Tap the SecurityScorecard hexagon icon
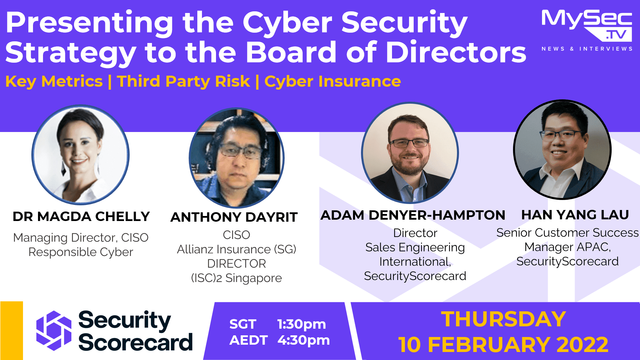point(54,330)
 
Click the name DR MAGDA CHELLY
point(81,217)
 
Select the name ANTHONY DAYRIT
point(234,217)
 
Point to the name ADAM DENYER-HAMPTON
point(413,215)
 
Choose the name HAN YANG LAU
point(575,215)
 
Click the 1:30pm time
point(302,324)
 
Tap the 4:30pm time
point(304,340)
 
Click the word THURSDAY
point(503,319)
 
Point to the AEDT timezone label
point(248,340)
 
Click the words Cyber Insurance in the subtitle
point(332,81)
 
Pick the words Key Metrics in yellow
point(54,81)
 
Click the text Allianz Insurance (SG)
point(236,249)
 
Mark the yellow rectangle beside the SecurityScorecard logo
point(12,330)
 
